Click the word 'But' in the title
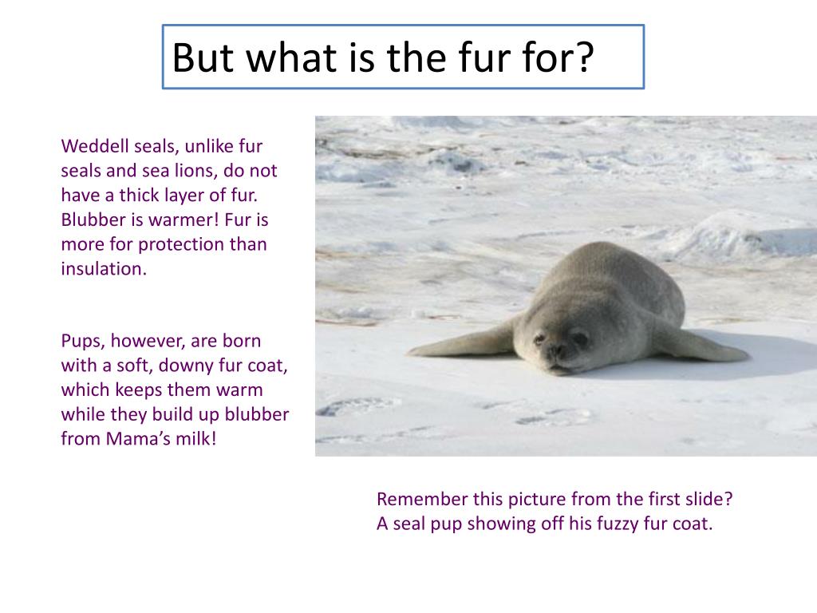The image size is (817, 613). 204,57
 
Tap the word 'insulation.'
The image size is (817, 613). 104,269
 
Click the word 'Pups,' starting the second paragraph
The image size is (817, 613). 83,342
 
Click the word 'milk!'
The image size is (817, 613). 195,440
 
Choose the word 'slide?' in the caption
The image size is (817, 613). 706,500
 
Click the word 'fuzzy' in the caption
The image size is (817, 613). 610,524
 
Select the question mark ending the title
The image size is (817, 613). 585,57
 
